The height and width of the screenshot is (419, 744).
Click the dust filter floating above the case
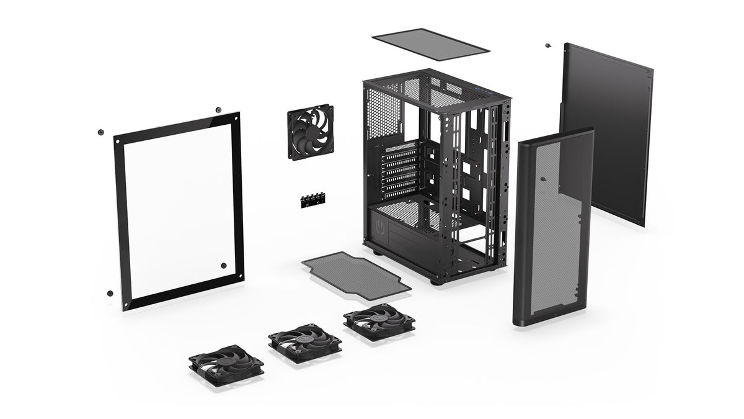[432, 44]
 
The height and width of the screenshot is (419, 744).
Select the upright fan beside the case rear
[310, 132]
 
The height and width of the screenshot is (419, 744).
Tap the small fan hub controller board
[313, 200]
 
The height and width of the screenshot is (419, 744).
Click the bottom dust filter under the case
[356, 274]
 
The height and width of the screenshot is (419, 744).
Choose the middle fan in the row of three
[304, 341]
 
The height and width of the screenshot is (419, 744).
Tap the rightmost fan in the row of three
[379, 321]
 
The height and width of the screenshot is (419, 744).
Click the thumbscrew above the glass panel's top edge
[218, 110]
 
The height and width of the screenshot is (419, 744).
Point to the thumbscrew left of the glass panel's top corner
[100, 132]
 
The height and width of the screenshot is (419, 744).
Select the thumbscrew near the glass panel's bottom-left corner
[110, 293]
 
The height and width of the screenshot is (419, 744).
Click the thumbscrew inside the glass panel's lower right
[224, 266]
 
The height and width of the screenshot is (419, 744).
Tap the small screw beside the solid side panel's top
[547, 45]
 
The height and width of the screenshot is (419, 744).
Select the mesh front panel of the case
[552, 227]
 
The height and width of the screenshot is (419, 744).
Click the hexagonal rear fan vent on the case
[384, 113]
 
